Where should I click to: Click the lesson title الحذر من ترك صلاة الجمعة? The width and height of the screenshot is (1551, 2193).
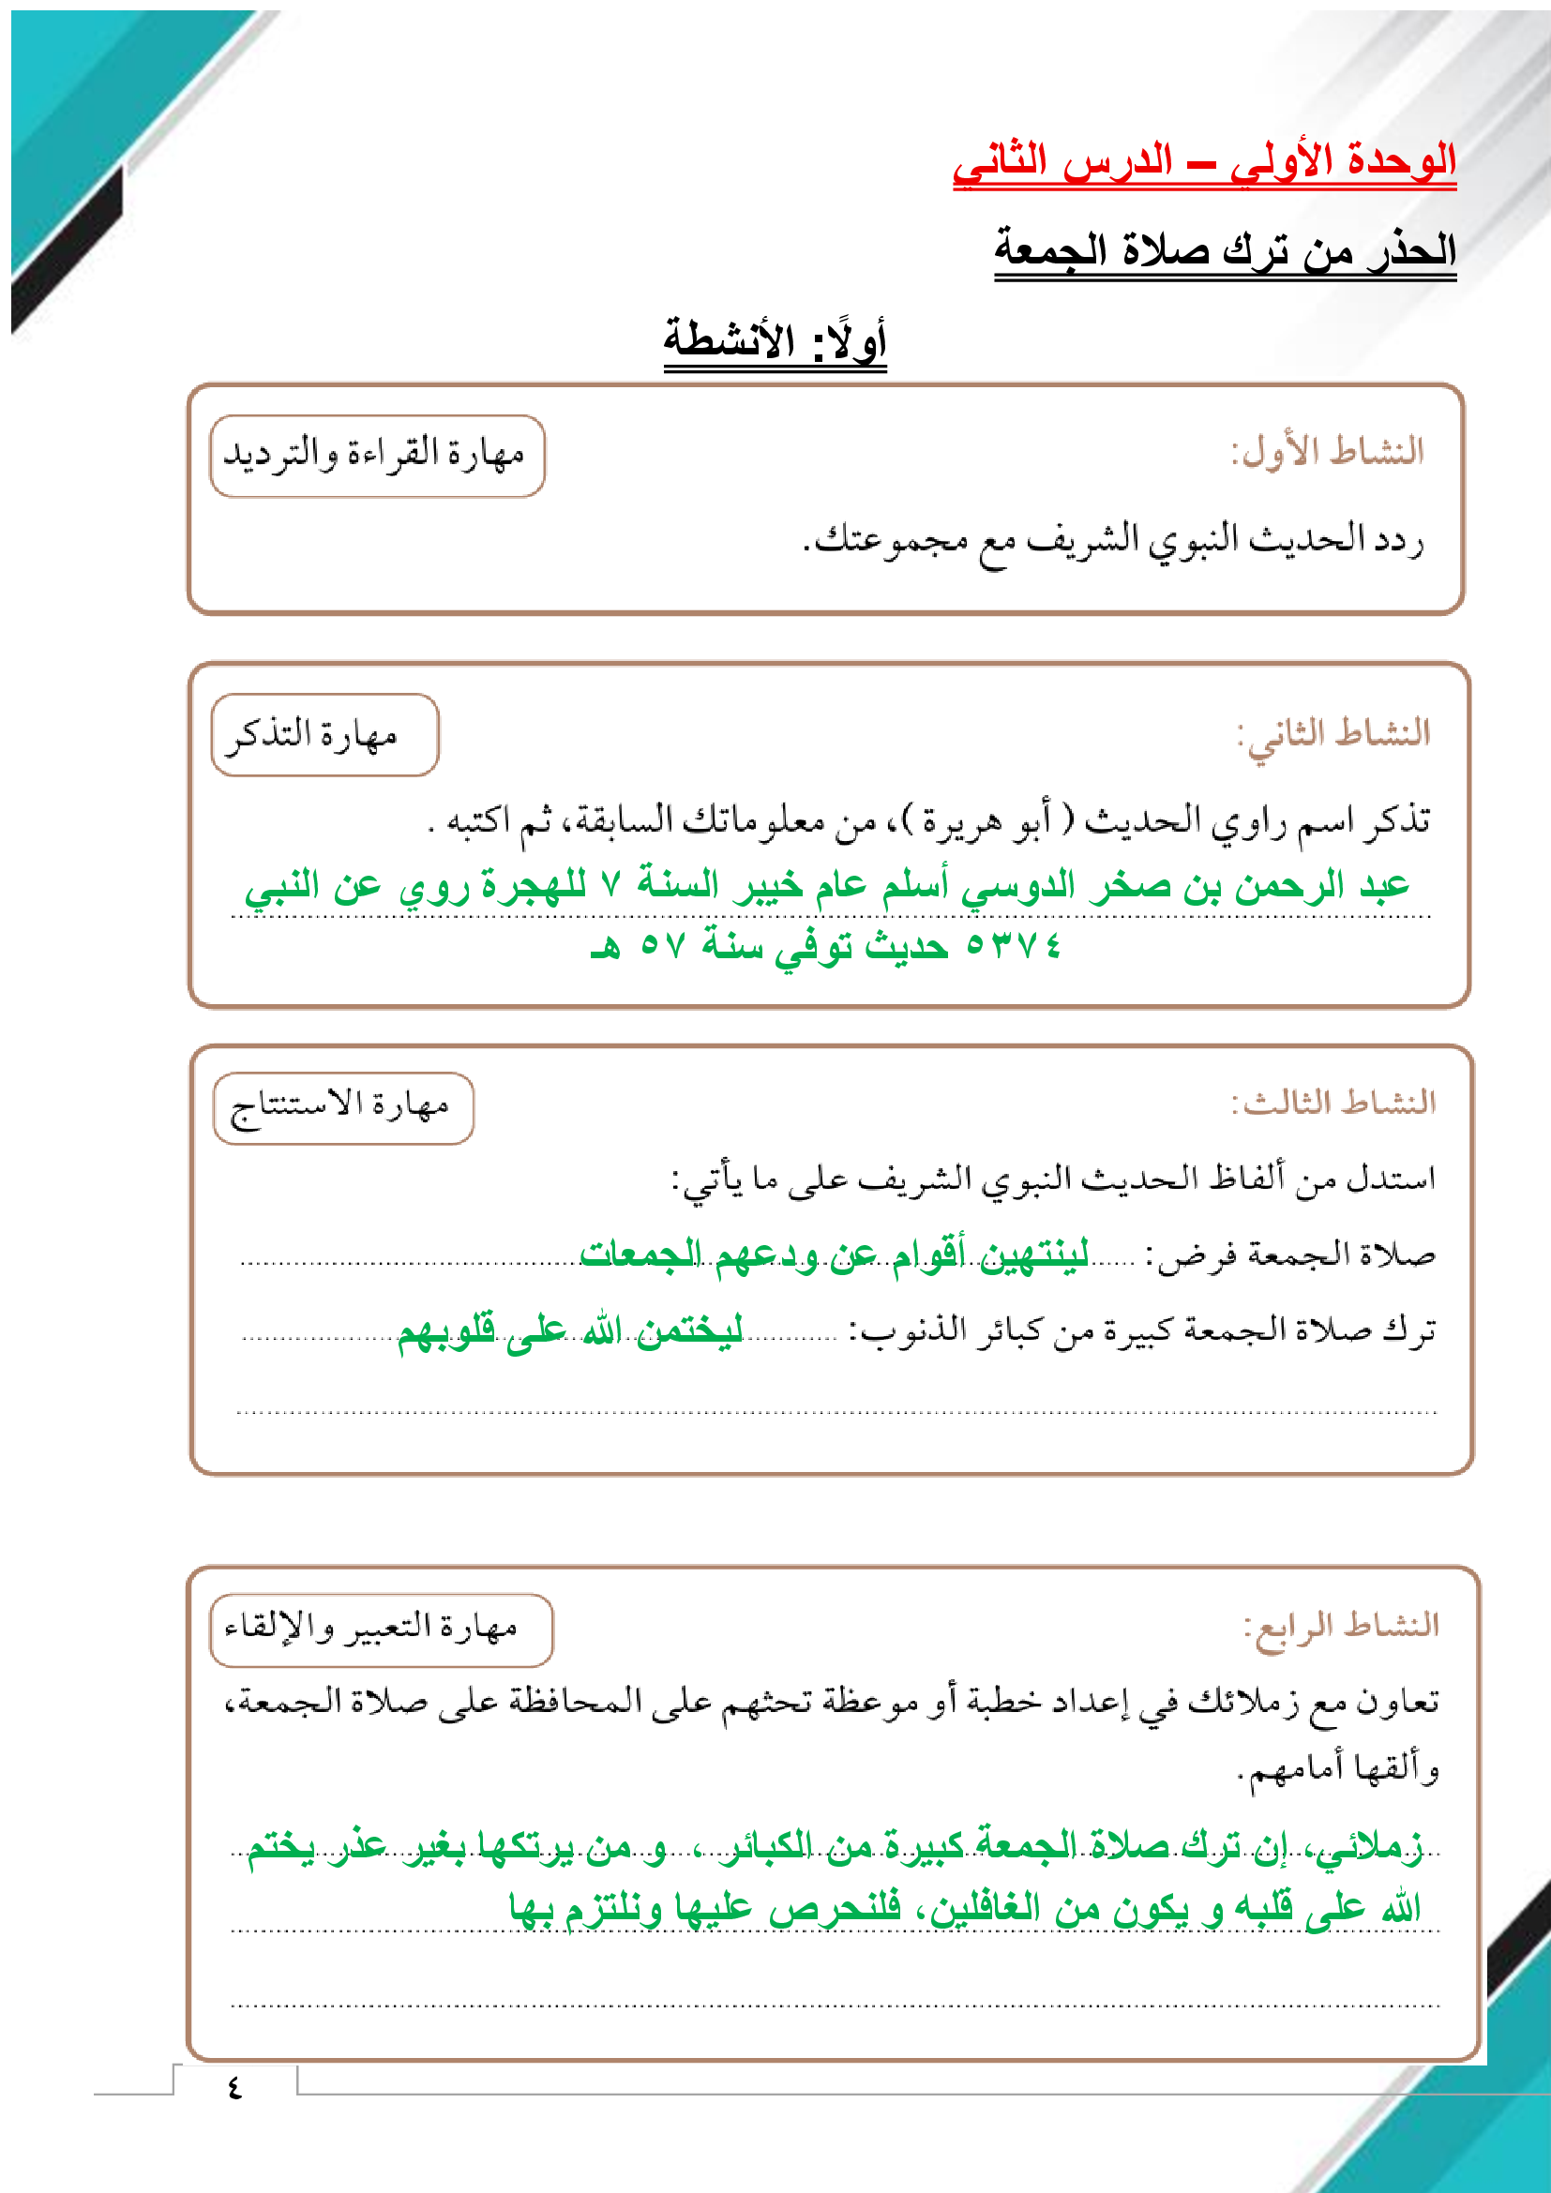pos(1225,251)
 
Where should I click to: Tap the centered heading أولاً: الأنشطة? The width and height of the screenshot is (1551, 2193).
pos(775,340)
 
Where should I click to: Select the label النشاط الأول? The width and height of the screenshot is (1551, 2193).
pos(1327,451)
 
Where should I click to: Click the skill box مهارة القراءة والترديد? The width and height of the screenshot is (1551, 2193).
pos(376,456)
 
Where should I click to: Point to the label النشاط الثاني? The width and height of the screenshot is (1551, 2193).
pos(1333,733)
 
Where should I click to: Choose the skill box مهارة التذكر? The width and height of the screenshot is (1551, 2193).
pos(324,734)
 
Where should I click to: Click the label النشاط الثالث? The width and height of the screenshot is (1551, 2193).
pos(1333,1102)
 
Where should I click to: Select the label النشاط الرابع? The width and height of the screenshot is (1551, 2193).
pos(1341,1624)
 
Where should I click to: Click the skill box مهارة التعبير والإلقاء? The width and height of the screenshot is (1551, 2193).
pos(380,1629)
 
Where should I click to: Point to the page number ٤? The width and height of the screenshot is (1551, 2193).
pos(235,2088)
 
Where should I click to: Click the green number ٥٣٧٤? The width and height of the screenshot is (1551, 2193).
pos(1014,945)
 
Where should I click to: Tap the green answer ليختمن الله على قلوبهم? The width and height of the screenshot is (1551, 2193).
pos(570,1329)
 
